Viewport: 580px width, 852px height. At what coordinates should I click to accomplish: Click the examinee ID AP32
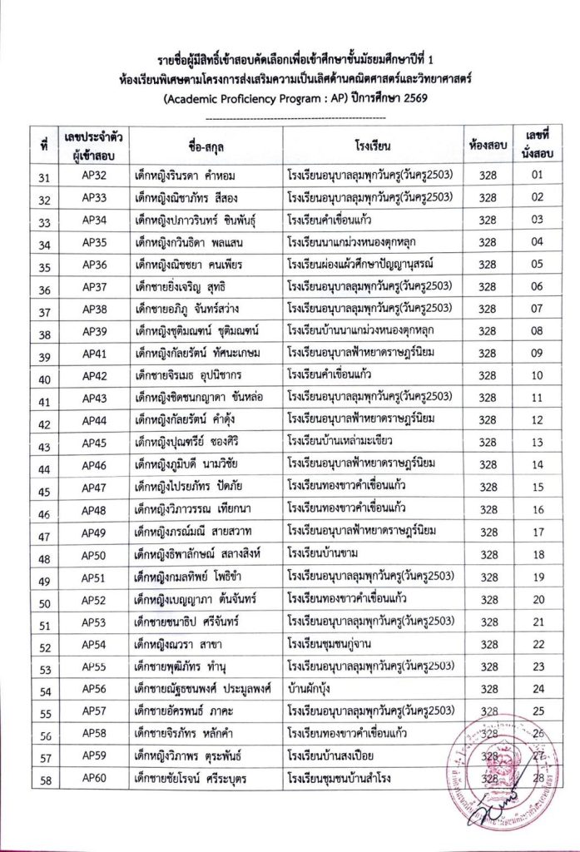pyautogui.click(x=94, y=174)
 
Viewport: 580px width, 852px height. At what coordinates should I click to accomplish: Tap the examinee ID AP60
pyautogui.click(x=94, y=779)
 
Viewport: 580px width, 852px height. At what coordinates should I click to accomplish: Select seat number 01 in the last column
pyautogui.click(x=538, y=174)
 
